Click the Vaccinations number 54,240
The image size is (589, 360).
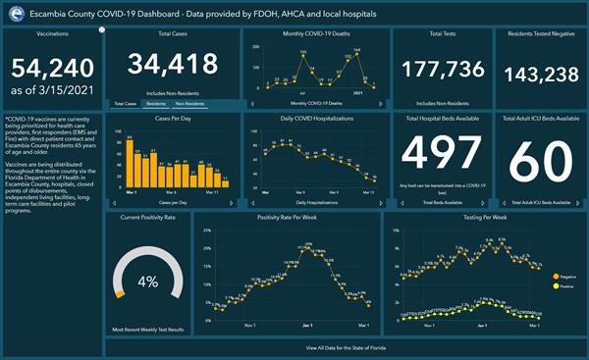(x=51, y=69)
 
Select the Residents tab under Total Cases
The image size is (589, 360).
(x=155, y=103)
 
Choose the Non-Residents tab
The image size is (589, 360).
(x=191, y=103)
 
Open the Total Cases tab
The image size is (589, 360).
(x=124, y=103)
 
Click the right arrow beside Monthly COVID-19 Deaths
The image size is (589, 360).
(x=385, y=103)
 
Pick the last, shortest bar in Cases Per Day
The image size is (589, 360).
(x=226, y=182)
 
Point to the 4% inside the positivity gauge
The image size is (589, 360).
(x=147, y=282)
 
